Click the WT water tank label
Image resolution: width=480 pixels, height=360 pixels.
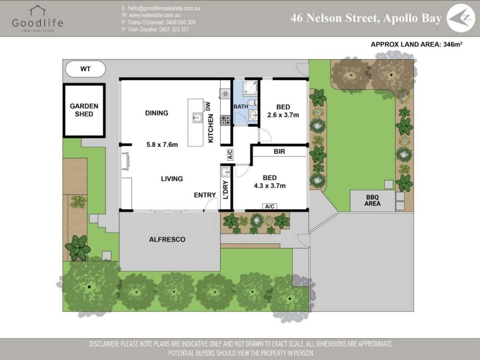coord(85,69)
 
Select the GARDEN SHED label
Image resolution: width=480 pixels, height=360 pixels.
coord(84,110)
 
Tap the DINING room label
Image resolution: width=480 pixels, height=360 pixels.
coord(157,113)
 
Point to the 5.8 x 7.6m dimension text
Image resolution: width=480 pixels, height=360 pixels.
coord(162,144)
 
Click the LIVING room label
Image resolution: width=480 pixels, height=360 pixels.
coord(172,179)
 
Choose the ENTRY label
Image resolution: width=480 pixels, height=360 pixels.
coord(205,195)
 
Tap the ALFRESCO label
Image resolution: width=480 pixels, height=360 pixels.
coord(167,240)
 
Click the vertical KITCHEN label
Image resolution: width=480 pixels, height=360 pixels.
coord(210,128)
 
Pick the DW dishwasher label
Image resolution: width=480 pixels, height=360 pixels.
coord(208,106)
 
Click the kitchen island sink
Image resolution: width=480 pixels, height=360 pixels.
coord(196,117)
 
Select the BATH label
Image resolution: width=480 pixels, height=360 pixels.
coord(240,106)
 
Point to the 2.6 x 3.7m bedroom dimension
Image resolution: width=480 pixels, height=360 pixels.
coord(283,115)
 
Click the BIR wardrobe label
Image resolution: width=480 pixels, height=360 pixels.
coord(279,151)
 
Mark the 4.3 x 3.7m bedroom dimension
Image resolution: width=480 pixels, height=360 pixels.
coord(270,186)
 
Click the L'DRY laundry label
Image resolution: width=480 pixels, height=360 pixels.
coord(225,190)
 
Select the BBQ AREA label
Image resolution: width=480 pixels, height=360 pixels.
coord(372,200)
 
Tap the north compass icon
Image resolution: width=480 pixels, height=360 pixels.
coord(461,18)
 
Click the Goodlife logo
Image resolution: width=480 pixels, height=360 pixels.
coord(37,18)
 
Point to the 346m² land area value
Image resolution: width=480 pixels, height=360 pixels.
coord(452,44)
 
